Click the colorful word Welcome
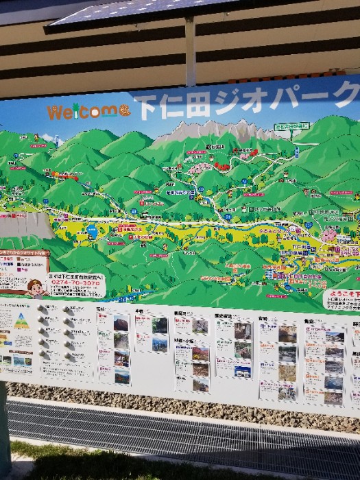click(x=82, y=111)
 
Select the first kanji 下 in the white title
click(x=146, y=106)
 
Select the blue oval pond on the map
click(x=93, y=232)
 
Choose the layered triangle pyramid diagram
click(x=21, y=320)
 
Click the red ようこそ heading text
click(x=343, y=293)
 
